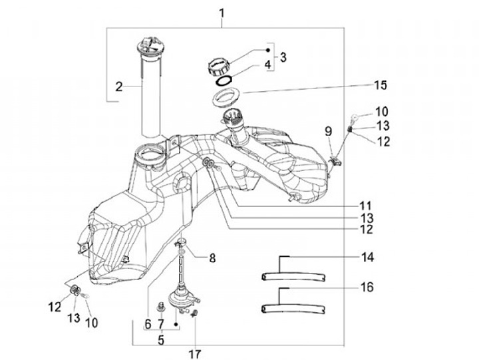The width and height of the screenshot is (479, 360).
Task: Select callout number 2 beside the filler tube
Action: (118, 86)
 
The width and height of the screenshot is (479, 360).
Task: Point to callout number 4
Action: (268, 66)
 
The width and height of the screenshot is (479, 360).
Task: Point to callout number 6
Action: (148, 324)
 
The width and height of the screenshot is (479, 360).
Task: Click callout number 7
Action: (160, 324)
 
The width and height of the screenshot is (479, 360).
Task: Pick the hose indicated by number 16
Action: (293, 308)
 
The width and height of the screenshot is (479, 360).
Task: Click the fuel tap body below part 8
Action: (179, 299)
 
